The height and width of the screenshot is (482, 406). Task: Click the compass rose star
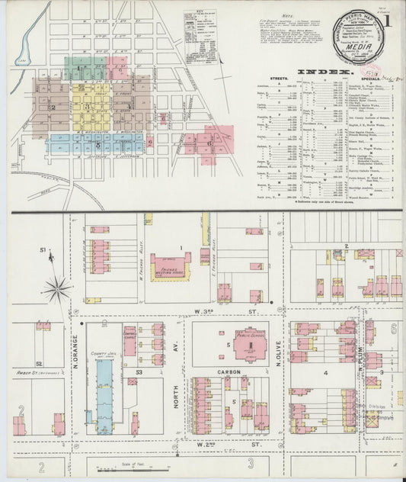56,288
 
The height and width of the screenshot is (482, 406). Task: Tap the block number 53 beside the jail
139,371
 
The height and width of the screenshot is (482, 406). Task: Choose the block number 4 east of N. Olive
325,373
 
